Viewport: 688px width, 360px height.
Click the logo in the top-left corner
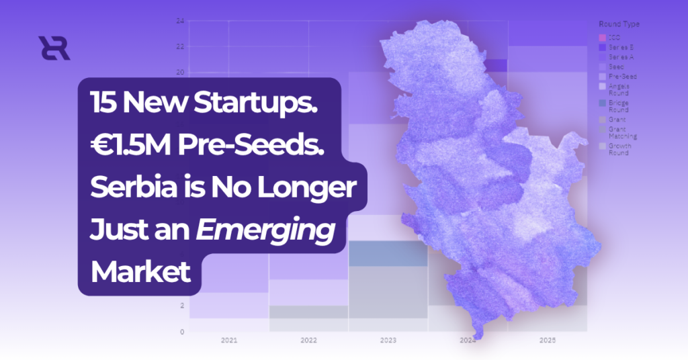point(54,49)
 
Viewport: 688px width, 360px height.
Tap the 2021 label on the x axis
point(229,341)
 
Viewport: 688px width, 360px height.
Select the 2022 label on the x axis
point(308,341)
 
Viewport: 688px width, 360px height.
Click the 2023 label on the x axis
point(388,341)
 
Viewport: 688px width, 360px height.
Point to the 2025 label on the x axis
point(548,341)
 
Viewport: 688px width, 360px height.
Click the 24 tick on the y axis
point(180,21)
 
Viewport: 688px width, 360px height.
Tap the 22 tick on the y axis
point(180,46)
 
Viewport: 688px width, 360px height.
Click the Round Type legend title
point(619,24)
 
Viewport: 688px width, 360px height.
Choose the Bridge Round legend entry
point(618,106)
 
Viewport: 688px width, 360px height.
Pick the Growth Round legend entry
point(618,148)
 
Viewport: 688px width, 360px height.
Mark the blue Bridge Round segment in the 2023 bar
point(388,253)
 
